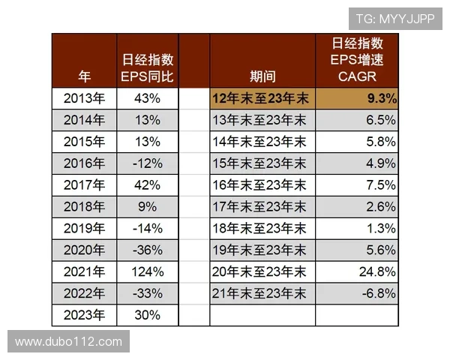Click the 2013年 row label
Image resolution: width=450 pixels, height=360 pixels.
[x=84, y=98]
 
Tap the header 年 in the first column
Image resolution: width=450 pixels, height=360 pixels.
[x=85, y=76]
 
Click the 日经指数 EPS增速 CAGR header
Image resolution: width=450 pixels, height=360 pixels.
[x=357, y=60]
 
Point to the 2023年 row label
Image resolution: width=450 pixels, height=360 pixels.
[x=84, y=314]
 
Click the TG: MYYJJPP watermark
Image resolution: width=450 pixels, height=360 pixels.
[x=394, y=19]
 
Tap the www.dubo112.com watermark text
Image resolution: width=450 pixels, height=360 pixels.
[x=68, y=342]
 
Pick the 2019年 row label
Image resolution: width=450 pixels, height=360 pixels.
[x=84, y=228]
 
